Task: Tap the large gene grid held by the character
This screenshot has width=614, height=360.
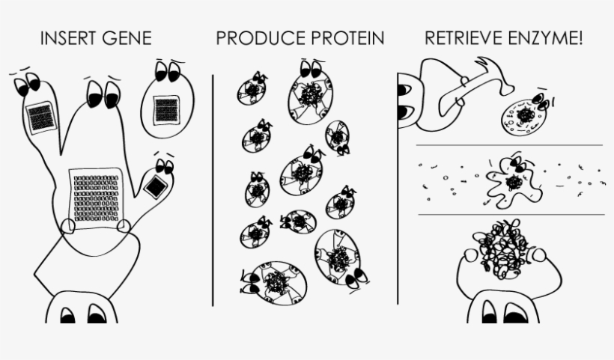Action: click(x=95, y=196)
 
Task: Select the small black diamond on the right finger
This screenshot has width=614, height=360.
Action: click(x=155, y=187)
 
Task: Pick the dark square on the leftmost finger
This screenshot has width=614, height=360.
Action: click(x=39, y=118)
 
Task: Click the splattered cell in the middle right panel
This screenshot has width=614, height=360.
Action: click(x=511, y=183)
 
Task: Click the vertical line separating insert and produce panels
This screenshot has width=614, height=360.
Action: click(x=213, y=187)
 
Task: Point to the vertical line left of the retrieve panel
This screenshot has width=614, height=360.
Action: click(x=398, y=187)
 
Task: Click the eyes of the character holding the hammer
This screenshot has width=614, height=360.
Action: click(x=404, y=101)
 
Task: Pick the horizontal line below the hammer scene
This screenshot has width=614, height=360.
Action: click(x=509, y=144)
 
